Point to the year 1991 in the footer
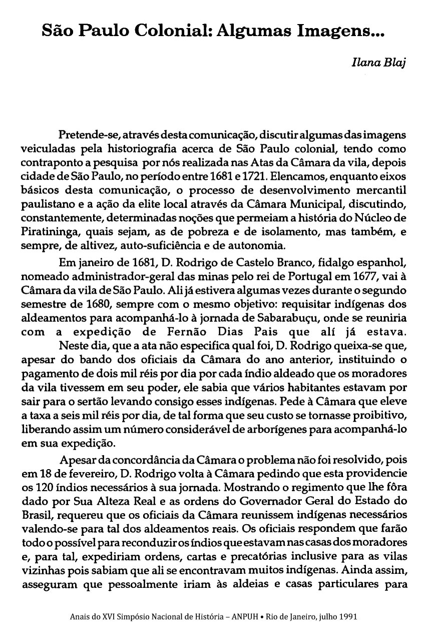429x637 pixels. pos(347,616)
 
